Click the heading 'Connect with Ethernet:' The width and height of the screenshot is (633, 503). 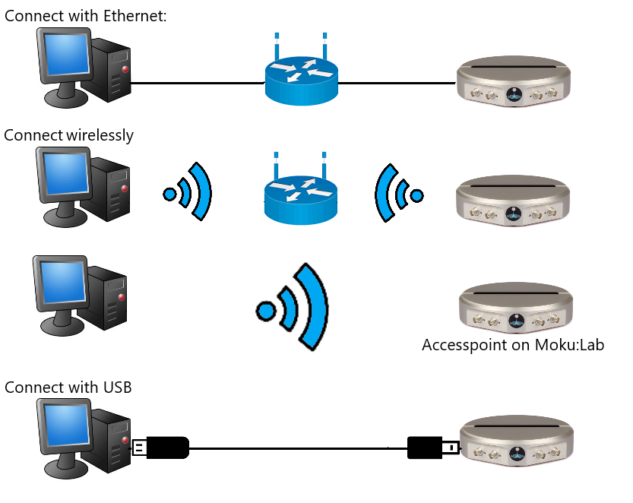coord(85,14)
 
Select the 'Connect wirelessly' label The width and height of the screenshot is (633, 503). coord(68,135)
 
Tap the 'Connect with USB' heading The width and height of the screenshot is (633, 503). coord(68,388)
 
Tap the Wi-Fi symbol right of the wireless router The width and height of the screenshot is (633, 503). coord(399,194)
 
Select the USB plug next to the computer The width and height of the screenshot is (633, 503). coord(160,448)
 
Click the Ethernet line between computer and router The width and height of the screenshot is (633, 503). coord(198,83)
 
